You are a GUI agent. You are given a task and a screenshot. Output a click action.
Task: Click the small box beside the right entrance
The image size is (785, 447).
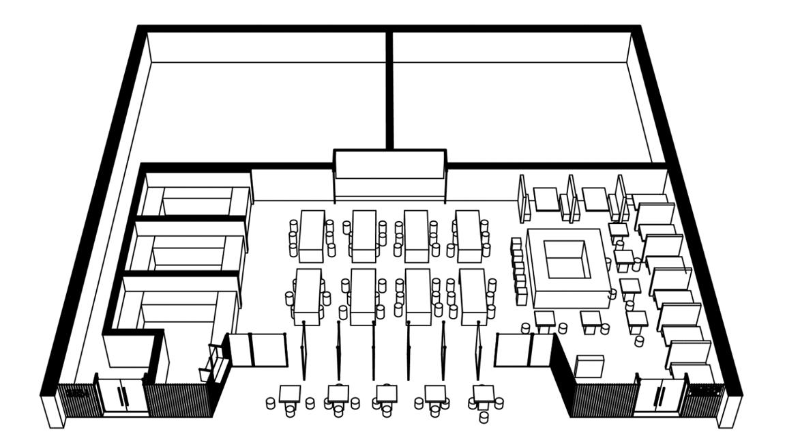(x=589, y=366)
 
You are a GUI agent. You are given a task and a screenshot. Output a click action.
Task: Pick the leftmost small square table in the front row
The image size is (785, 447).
(x=290, y=394)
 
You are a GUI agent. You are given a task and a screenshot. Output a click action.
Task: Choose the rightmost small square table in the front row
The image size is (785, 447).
(x=484, y=394)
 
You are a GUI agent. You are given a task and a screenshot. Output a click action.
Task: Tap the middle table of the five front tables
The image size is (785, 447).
(x=387, y=394)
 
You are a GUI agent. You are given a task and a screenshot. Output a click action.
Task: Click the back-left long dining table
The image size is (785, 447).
(x=312, y=235)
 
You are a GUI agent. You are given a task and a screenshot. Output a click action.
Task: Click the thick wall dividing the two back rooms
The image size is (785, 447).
(x=389, y=89)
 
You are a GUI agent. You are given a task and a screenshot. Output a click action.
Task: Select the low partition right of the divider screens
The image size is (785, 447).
(x=524, y=349)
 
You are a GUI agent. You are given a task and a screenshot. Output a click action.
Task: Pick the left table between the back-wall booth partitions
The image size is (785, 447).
(x=546, y=199)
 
